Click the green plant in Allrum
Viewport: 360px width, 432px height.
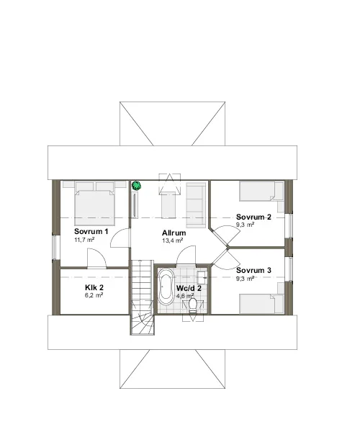[x=136, y=186]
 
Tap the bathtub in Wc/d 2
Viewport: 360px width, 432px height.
[x=166, y=287]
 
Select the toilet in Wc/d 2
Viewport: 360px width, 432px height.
[x=193, y=305]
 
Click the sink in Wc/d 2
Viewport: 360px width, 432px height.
[x=202, y=277]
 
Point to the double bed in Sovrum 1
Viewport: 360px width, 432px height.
[x=94, y=203]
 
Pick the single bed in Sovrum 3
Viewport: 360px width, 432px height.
[x=261, y=304]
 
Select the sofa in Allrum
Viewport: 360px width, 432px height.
[x=196, y=204]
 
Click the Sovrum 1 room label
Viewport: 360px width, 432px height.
[x=91, y=231]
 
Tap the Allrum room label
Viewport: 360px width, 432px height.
[x=174, y=233]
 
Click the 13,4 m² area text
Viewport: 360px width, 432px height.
[x=172, y=240]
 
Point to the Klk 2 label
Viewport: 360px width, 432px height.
[x=94, y=287]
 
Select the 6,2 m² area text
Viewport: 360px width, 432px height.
[x=94, y=295]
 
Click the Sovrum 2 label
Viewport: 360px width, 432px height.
[x=253, y=217]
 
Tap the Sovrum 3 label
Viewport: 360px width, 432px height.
[x=253, y=270]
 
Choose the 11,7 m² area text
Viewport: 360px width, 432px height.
[x=84, y=240]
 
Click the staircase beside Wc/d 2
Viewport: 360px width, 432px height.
[x=142, y=297]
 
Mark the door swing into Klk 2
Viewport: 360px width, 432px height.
[x=96, y=258]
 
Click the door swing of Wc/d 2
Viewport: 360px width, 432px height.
[x=186, y=256]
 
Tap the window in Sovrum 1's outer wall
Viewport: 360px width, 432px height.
[x=54, y=247]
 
